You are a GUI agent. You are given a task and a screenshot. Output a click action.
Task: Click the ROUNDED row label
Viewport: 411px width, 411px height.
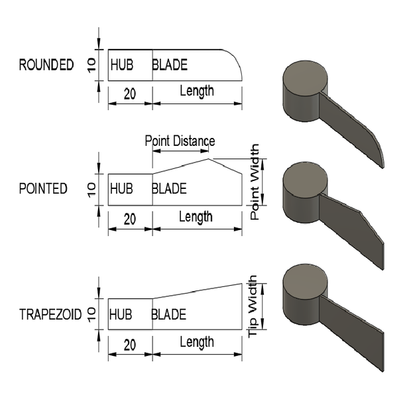(46, 65)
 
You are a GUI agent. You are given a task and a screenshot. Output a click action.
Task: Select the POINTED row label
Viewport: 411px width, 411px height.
(43, 189)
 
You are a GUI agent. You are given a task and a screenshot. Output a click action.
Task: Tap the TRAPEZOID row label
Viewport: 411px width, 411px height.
(50, 314)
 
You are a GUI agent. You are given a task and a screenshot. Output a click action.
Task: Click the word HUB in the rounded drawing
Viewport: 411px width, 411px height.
(122, 65)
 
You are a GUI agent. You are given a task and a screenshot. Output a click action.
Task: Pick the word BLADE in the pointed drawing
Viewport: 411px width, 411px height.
(169, 189)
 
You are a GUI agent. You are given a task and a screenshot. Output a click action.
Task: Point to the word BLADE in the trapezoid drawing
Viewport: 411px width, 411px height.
(169, 314)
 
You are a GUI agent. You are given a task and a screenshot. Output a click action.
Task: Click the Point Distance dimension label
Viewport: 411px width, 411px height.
(180, 141)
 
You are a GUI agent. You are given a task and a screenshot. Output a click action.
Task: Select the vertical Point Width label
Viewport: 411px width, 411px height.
(255, 182)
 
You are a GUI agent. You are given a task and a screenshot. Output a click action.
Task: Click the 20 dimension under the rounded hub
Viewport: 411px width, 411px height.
(130, 94)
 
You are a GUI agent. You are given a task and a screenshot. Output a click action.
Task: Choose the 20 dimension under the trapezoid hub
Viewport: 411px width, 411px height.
(130, 345)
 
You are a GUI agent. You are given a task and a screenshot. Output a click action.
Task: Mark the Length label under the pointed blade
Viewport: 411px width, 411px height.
(197, 217)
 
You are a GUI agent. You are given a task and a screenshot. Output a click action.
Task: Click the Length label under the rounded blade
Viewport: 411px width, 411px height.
(197, 91)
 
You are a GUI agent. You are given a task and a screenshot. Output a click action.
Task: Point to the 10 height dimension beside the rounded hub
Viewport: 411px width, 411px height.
(92, 64)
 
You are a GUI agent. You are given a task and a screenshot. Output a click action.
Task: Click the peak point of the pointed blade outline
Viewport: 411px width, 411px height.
(209, 158)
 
